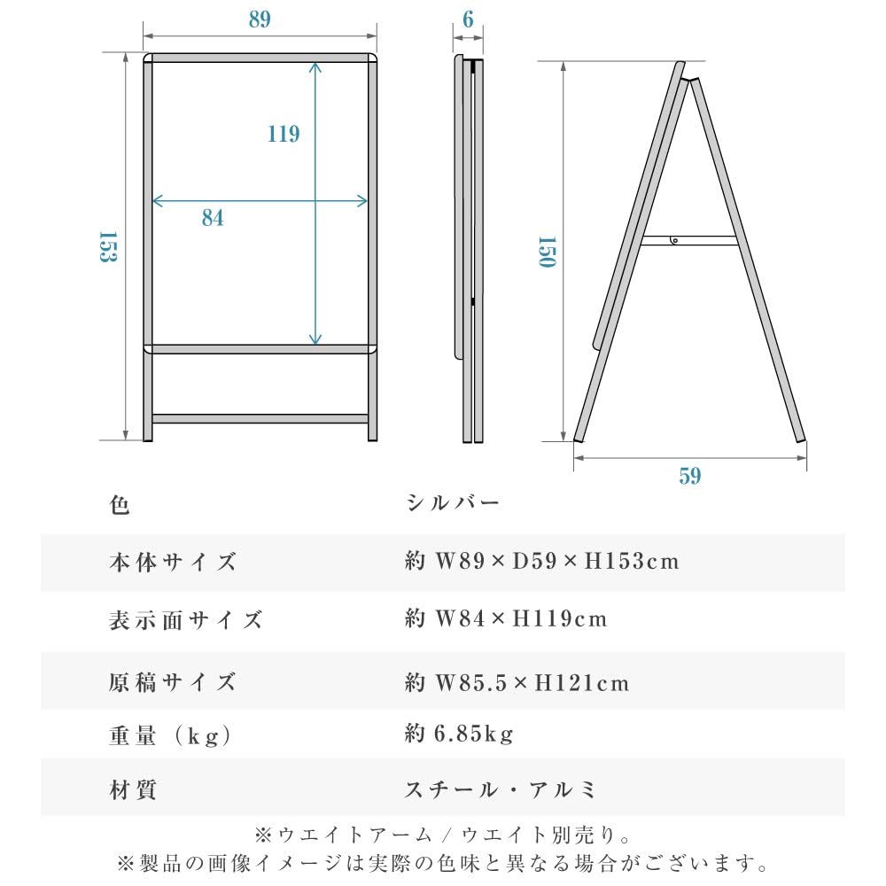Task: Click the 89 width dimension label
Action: [x=260, y=19]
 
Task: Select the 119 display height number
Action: [x=284, y=134]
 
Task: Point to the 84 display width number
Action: [x=213, y=218]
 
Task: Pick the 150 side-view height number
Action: [x=546, y=253]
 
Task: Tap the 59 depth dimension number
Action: [x=690, y=477]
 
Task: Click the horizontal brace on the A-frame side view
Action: [x=689, y=240]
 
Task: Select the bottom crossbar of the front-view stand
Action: [x=260, y=418]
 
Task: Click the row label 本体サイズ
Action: [x=174, y=562]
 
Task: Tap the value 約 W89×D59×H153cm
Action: [x=541, y=562]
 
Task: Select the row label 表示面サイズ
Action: [x=186, y=619]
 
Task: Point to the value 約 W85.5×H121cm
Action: [x=517, y=683]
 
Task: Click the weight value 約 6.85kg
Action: [x=459, y=734]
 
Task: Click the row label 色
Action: [x=120, y=506]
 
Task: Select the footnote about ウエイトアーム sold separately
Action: [x=442, y=835]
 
